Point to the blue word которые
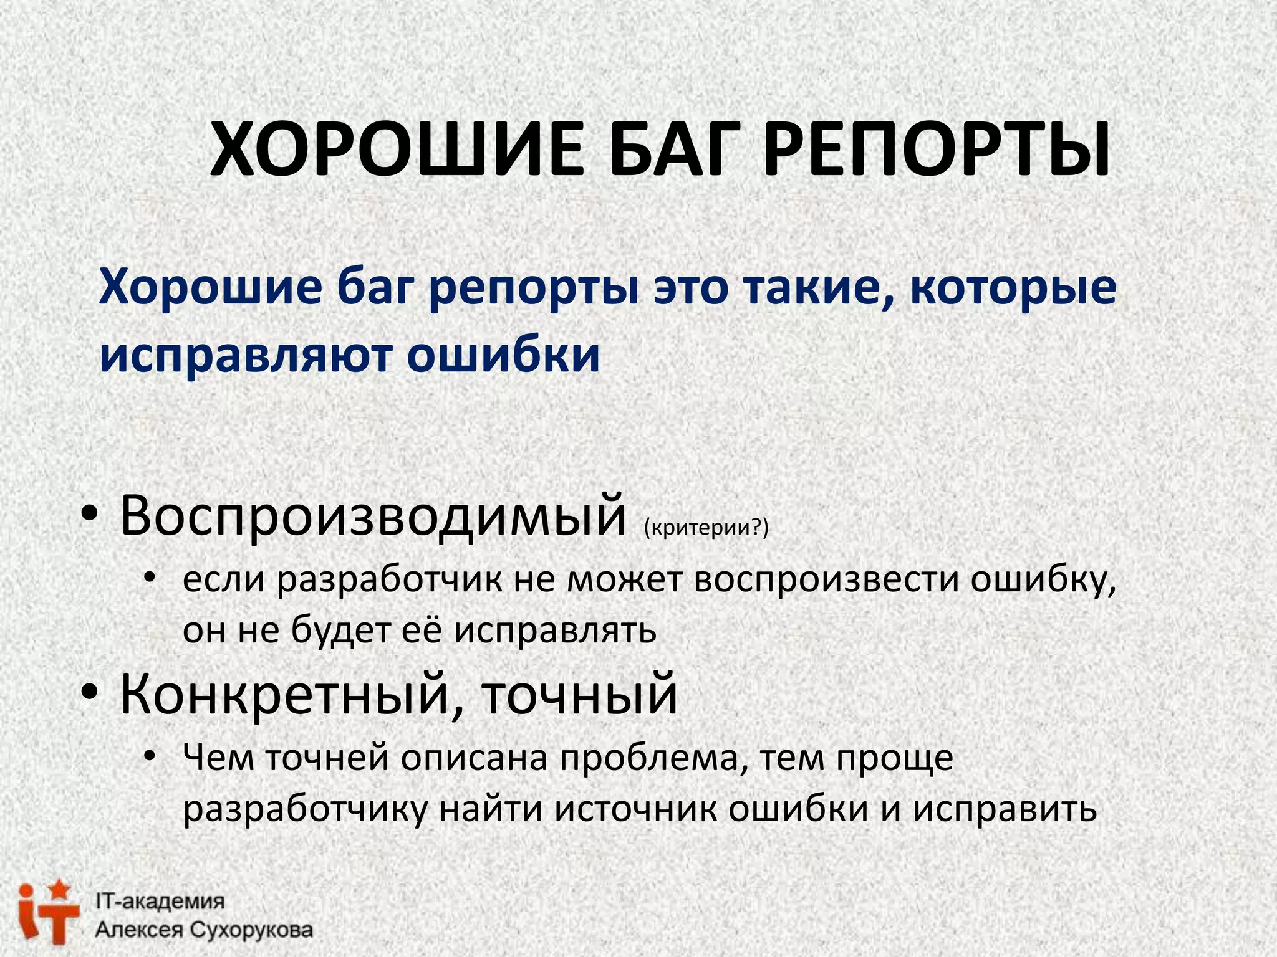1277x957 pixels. [1013, 288]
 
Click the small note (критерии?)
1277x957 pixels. [706, 527]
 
